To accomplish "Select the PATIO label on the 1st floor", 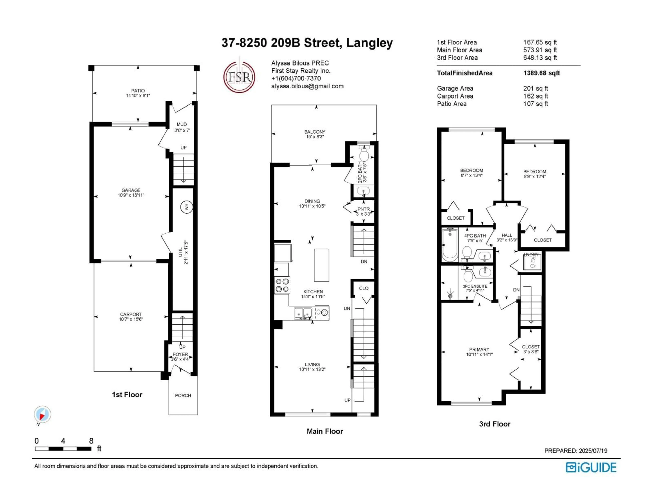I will click(x=138, y=91).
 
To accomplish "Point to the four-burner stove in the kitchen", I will click(x=282, y=285).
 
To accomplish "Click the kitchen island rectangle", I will click(x=321, y=265).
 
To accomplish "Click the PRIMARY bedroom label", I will click(x=479, y=349).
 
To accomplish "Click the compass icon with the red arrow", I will click(x=43, y=414).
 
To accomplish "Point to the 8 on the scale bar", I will click(x=91, y=441).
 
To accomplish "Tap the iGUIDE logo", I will click(x=591, y=468).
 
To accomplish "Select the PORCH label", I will click(x=183, y=395).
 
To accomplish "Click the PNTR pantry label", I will click(x=363, y=209).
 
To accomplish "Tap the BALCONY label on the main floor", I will click(x=315, y=132).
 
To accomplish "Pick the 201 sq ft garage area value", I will click(x=535, y=89).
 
